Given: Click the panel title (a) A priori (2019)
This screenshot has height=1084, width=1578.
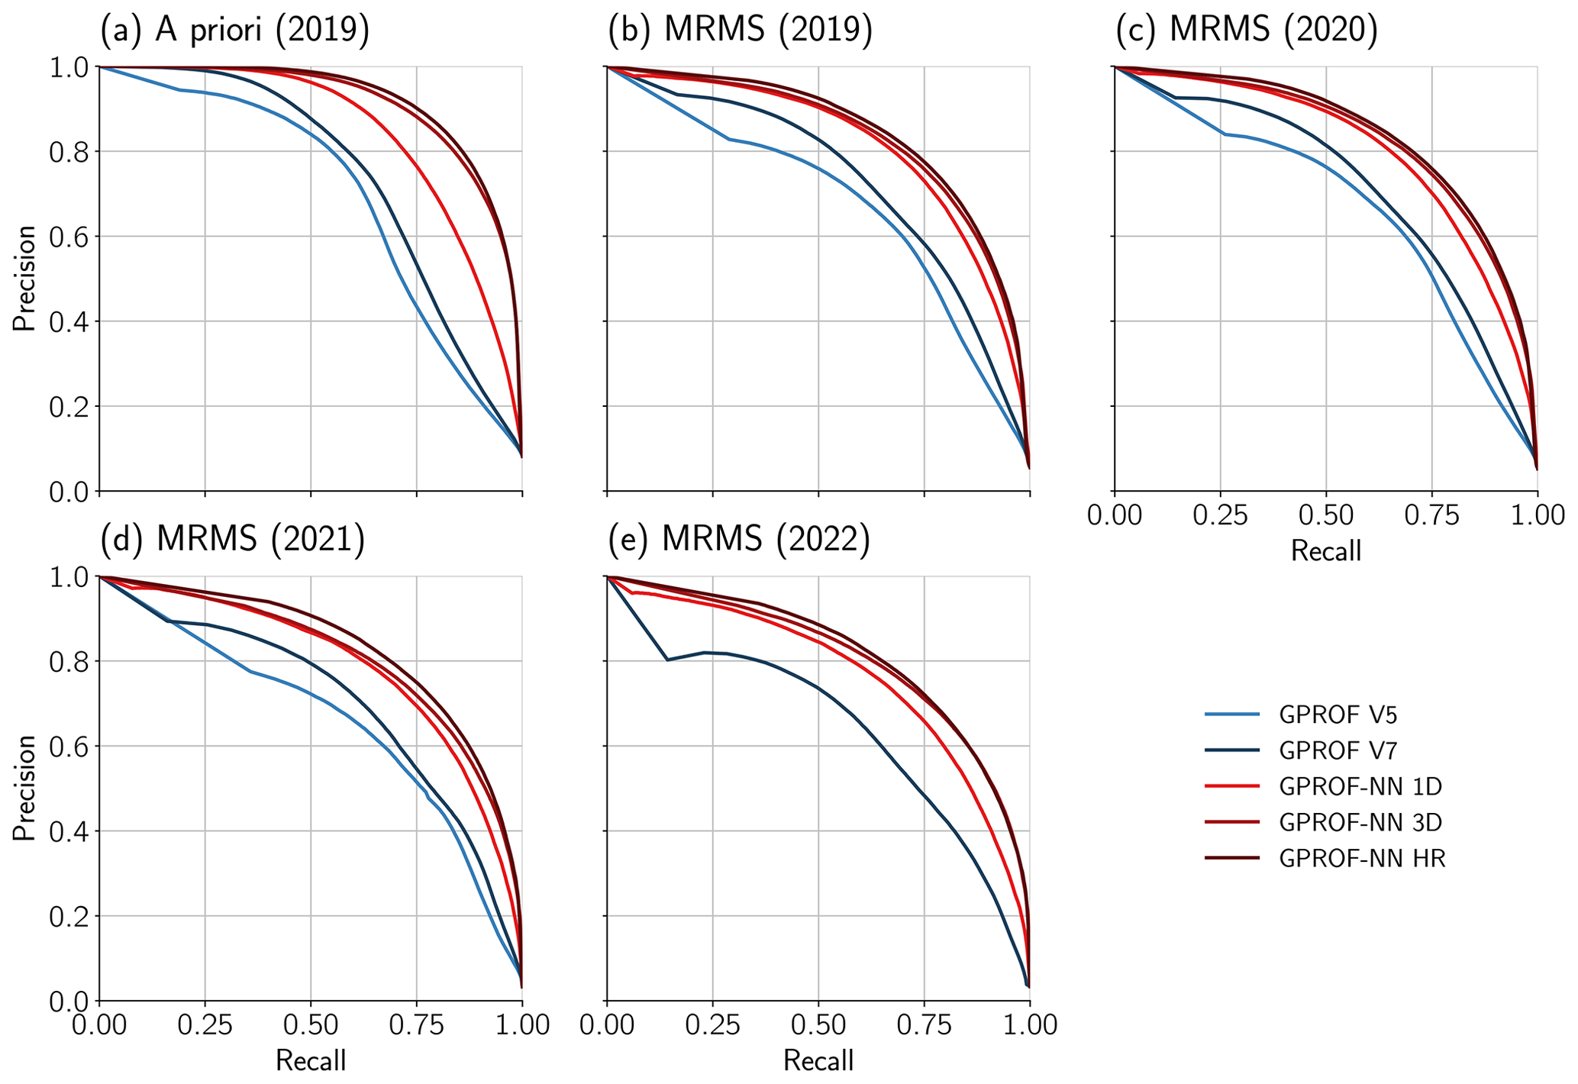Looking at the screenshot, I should tap(235, 31).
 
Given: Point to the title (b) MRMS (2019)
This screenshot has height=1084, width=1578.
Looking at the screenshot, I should tap(740, 31).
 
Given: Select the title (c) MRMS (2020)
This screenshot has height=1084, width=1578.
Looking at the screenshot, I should tap(1247, 31).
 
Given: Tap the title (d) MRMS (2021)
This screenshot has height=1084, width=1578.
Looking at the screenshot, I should tap(233, 539).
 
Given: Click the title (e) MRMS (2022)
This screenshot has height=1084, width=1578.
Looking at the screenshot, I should tap(739, 539).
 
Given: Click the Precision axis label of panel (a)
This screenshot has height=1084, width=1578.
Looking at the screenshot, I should tap(24, 279).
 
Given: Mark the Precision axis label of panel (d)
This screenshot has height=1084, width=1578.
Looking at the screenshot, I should tap(24, 788).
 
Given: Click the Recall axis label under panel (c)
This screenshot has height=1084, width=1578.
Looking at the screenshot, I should tap(1326, 550).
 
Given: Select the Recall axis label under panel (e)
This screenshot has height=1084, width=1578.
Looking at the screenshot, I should tap(818, 1060).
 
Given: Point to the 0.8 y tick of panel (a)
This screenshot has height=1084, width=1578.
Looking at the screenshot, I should tap(69, 152).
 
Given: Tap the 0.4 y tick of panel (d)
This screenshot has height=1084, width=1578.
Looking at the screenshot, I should tap(69, 831).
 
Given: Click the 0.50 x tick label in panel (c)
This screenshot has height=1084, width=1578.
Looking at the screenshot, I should tap(1326, 515).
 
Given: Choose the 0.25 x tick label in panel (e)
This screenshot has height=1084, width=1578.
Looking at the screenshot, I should tap(712, 1024).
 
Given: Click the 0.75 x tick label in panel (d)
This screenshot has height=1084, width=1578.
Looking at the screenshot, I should tap(417, 1024).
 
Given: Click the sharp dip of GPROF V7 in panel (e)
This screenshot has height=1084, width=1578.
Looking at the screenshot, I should tap(667, 660).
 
